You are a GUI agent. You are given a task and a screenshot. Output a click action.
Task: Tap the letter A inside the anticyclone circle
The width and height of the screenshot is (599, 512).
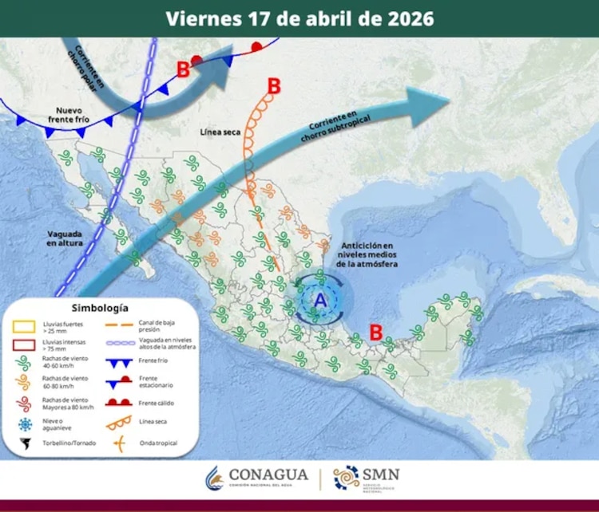coord(320,300)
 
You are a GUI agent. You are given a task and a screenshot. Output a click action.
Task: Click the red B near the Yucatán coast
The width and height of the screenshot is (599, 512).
coord(375,330)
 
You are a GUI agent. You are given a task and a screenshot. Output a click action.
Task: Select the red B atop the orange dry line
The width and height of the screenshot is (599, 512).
coord(275,85)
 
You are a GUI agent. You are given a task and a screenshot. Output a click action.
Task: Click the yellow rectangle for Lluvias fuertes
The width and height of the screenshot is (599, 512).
coord(23,326)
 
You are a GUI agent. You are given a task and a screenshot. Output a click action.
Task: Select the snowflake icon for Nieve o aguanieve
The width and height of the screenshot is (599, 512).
coord(23,424)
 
